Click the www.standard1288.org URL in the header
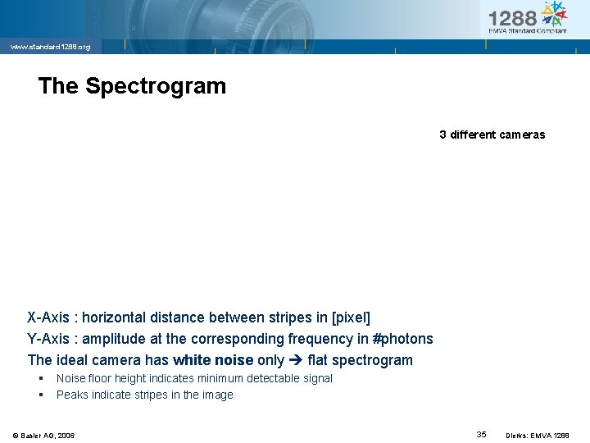click(x=50, y=47)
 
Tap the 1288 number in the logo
click(x=513, y=18)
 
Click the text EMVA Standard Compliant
click(x=527, y=31)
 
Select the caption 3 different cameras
click(x=492, y=135)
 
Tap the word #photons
click(x=402, y=339)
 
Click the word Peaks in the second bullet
click(x=71, y=395)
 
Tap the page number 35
click(x=481, y=434)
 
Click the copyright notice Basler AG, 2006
click(x=43, y=435)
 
